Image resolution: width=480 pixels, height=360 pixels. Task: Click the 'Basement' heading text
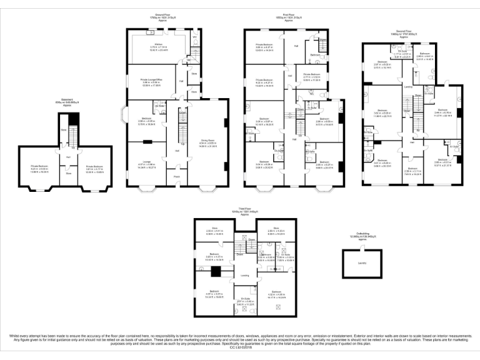coord(64,101)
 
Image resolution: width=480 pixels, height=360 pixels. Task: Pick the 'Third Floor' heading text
coord(244,209)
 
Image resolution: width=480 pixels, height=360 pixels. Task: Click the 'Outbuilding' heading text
coord(358,236)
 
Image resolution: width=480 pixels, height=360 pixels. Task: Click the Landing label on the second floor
coord(407,86)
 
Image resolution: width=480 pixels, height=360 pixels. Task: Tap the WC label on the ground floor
coord(195,37)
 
